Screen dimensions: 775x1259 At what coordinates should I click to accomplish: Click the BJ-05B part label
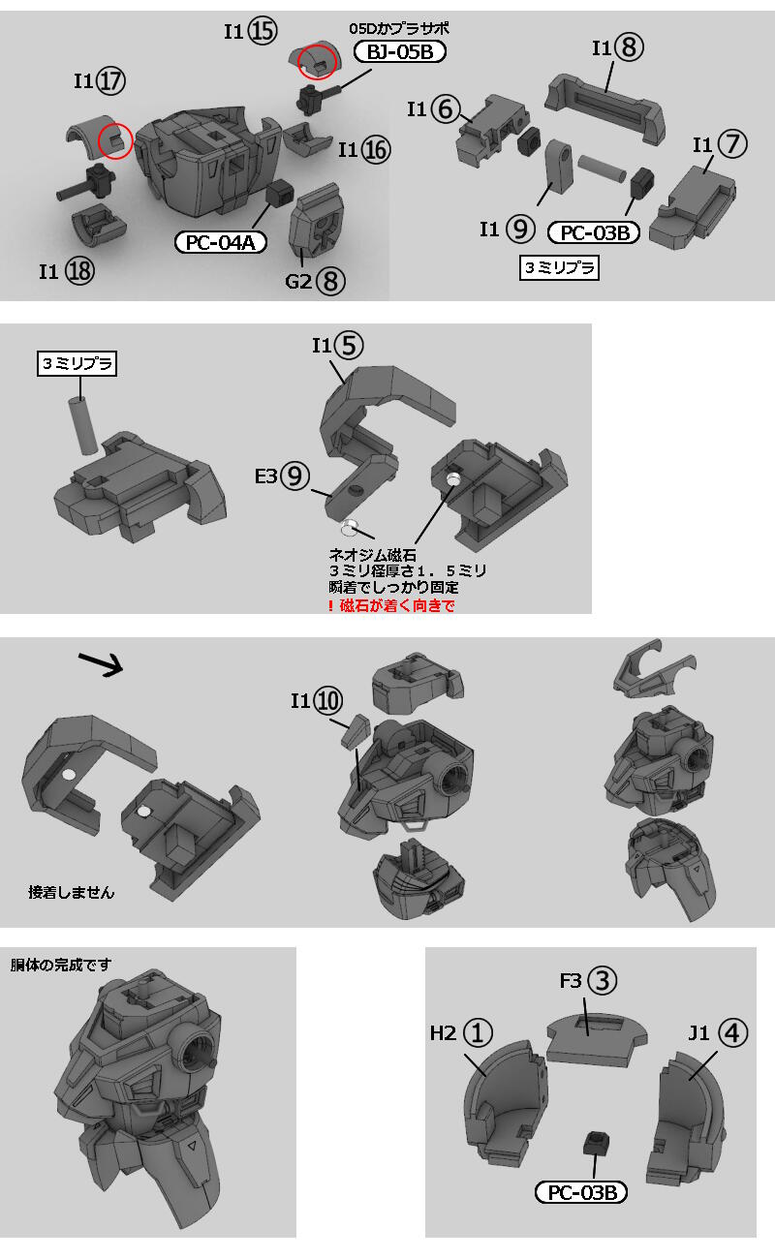tap(399, 51)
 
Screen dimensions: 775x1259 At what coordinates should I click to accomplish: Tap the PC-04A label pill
tap(220, 242)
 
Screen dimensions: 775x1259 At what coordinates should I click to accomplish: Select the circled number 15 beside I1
tap(263, 30)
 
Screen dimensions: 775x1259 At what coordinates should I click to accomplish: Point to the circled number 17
tap(110, 81)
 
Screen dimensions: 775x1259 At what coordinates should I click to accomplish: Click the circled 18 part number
tap(79, 271)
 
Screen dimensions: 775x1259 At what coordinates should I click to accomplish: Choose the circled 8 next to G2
tap(330, 281)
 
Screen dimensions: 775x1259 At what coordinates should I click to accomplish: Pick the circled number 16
tap(376, 149)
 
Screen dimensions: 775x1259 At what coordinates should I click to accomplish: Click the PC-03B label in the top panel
tap(594, 232)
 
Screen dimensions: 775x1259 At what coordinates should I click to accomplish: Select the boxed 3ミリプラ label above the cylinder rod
tap(77, 363)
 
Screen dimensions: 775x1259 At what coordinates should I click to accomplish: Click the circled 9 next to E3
tap(295, 476)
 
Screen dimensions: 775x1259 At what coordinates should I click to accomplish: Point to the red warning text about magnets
tap(391, 605)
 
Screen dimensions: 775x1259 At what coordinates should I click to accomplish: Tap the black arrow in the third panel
tap(101, 663)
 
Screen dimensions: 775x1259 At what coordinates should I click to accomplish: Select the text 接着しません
tap(72, 892)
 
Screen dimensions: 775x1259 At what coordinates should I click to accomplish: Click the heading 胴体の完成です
tap(61, 965)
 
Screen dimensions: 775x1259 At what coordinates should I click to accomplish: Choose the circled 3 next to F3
tap(602, 980)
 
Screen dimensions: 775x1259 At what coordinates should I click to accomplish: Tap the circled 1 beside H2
tap(478, 1032)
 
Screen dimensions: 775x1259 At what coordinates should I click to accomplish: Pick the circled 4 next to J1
tap(732, 1032)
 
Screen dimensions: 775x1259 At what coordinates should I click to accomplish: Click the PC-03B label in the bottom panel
tap(580, 1192)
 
